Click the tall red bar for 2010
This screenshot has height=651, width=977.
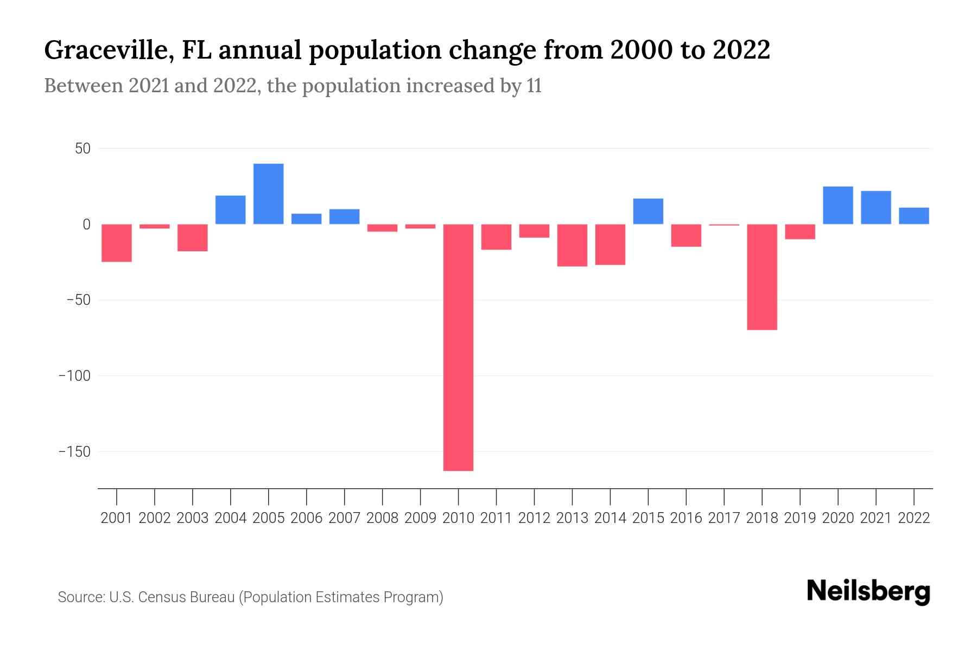point(459,347)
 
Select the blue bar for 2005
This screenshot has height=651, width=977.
point(269,194)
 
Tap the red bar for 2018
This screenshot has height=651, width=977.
point(762,277)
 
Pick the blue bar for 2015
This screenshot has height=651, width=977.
point(648,212)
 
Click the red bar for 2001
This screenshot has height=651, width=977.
point(117,243)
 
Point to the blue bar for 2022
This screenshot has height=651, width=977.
point(914,216)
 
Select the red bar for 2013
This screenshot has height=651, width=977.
point(572,245)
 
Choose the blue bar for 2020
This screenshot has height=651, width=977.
point(838,205)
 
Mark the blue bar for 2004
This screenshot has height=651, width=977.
point(231,210)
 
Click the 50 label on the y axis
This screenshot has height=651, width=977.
point(83,149)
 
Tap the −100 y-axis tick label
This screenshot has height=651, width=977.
point(74,376)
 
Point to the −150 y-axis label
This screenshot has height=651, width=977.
point(74,452)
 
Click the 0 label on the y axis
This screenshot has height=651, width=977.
point(86,225)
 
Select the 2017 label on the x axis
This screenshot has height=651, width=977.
point(724,518)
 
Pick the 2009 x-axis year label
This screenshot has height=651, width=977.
point(420,518)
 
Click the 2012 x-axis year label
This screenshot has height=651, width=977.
point(534,518)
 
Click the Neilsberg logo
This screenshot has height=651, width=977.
point(868,591)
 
